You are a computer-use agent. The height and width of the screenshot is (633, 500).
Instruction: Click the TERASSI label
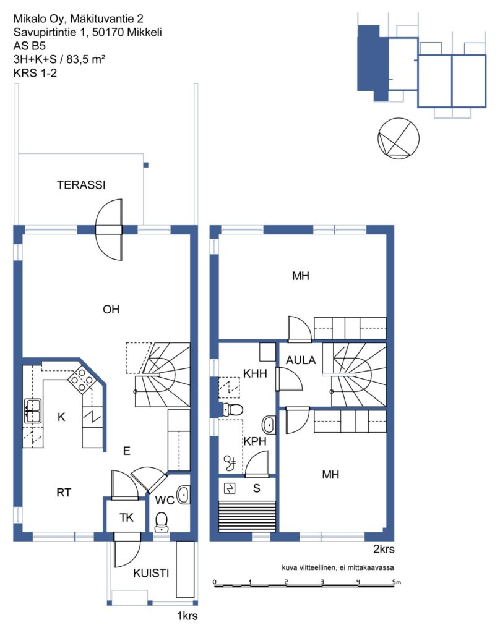81,185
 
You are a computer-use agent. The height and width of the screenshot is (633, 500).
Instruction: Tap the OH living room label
111,309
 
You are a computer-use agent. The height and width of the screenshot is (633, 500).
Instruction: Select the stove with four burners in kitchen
82,380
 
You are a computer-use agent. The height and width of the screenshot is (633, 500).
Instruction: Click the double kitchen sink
33,410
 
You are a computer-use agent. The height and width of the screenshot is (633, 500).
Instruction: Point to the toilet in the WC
162,522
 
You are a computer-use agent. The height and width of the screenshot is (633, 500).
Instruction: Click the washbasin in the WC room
184,495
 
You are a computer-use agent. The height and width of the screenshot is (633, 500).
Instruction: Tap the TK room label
126,517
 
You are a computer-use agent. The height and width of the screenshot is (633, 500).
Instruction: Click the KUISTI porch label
151,573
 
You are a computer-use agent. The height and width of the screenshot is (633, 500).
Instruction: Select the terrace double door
109,230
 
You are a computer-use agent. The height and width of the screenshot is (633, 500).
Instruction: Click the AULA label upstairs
301,360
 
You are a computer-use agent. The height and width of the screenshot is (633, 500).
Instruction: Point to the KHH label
255,373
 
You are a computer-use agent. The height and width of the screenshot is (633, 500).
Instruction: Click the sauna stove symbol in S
230,488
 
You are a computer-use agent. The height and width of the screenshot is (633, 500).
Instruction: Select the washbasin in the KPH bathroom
269,425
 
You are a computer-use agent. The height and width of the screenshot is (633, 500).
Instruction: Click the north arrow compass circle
398,138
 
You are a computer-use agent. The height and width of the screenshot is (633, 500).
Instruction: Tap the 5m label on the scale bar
397,582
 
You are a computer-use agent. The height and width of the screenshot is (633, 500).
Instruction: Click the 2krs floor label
384,549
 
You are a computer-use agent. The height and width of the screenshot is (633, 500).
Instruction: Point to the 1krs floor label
187,616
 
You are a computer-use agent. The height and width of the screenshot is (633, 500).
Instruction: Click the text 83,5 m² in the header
85,59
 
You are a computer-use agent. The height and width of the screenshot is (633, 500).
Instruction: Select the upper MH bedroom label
301,276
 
